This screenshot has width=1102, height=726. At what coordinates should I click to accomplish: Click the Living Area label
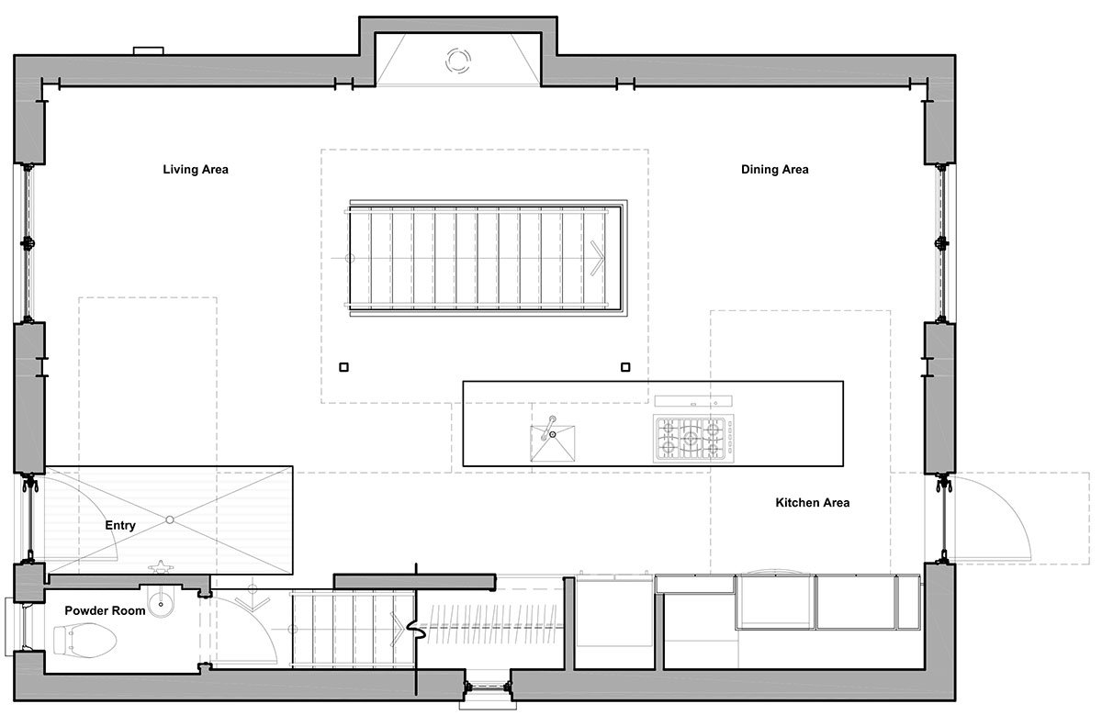click(196, 170)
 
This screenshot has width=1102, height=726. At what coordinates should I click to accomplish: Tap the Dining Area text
click(774, 170)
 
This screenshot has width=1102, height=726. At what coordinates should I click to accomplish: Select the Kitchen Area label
click(812, 503)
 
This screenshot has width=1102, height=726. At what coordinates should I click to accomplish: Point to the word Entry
click(120, 526)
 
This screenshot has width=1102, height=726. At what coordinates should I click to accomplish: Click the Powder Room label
click(105, 610)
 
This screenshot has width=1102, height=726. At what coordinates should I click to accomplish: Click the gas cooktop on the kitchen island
click(689, 438)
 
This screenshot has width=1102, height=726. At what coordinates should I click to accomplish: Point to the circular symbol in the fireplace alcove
click(457, 61)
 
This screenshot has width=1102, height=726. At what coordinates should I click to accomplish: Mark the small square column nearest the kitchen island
click(625, 367)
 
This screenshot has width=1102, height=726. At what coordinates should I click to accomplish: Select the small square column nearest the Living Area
click(343, 367)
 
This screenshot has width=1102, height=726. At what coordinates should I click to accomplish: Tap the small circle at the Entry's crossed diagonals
click(169, 520)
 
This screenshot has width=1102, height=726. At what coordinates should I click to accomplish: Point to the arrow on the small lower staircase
click(397, 626)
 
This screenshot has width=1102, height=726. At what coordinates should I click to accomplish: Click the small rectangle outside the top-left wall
click(148, 50)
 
